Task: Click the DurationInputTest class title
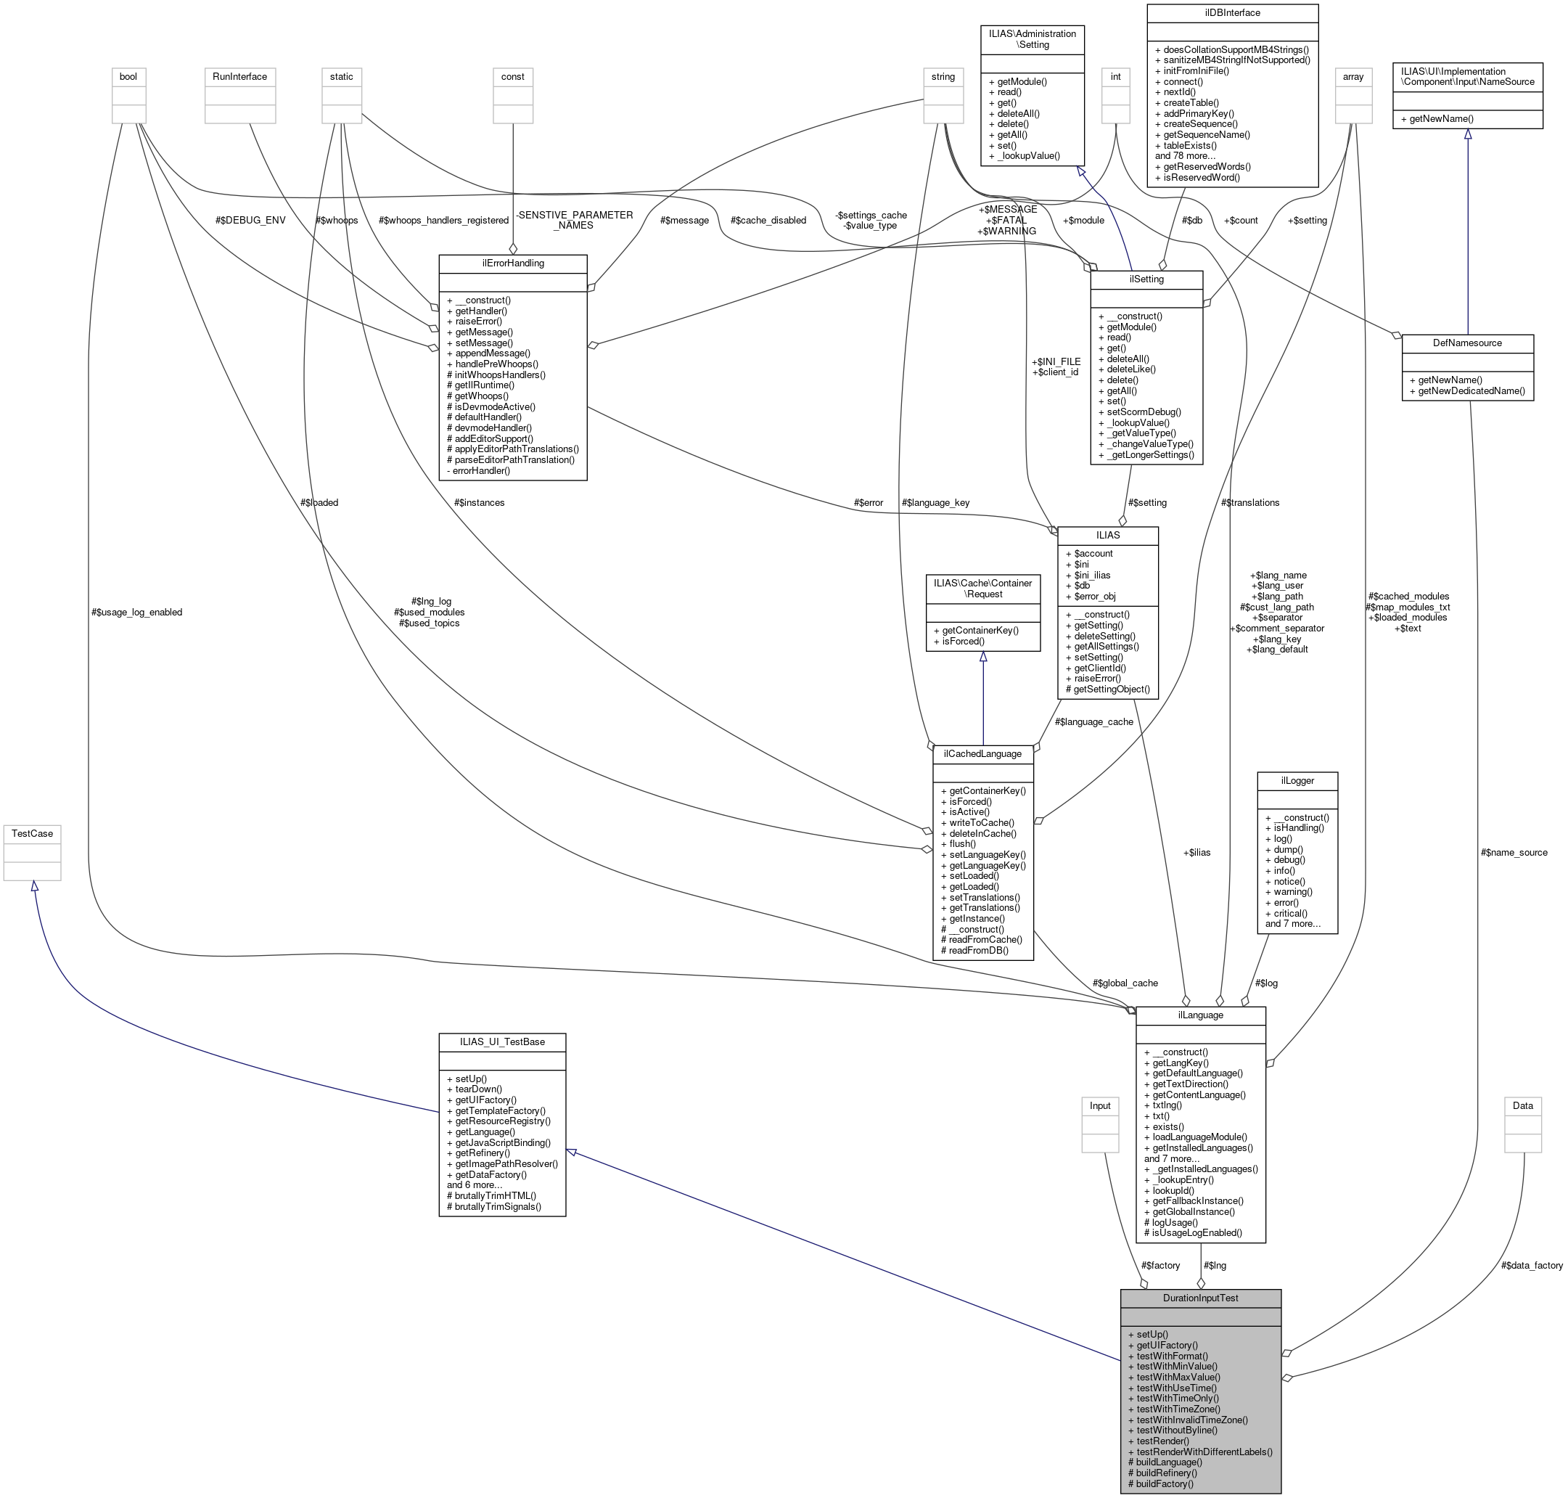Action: (1200, 1298)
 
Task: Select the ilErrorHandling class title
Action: (512, 263)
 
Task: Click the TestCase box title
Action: (32, 833)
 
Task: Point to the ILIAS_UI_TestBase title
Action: (502, 1041)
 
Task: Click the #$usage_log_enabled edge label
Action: (136, 613)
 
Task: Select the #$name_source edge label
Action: (1514, 852)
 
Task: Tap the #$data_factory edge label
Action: (1531, 1265)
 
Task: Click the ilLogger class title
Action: (1297, 780)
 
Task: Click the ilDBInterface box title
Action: (1232, 13)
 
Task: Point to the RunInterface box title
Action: (239, 77)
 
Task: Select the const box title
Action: (512, 77)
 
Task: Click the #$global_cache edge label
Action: (1125, 983)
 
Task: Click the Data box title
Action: (1522, 1106)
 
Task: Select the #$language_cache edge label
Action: (1093, 722)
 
